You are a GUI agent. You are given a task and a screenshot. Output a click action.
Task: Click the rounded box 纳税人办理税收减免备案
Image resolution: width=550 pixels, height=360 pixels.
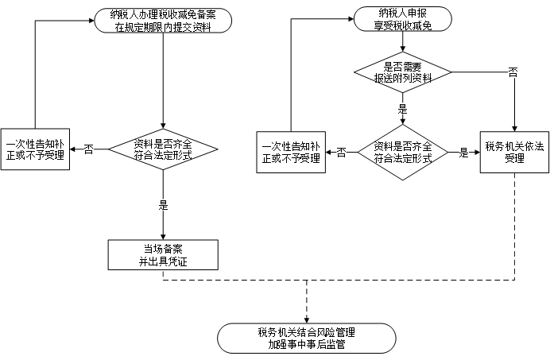[163, 21]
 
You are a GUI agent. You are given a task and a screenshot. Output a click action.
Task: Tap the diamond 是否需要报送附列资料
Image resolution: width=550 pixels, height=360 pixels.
[402, 72]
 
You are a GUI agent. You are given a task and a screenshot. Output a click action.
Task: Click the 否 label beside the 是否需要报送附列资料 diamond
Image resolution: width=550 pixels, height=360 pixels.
[513, 72]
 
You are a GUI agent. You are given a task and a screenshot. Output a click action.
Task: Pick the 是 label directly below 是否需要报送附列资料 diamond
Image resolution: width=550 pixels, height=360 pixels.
[402, 109]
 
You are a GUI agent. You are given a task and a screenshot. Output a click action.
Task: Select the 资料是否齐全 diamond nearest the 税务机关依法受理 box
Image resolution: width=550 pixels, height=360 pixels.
[402, 152]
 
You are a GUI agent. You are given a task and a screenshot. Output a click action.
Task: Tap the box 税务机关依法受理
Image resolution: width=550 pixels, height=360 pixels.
[514, 152]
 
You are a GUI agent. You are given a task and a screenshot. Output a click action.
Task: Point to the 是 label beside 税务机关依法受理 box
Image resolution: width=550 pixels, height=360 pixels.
[464, 153]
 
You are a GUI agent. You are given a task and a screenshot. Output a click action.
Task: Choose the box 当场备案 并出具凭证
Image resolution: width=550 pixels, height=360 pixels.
[162, 254]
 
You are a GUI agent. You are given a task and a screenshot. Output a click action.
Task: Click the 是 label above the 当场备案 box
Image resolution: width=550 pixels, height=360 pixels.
[164, 205]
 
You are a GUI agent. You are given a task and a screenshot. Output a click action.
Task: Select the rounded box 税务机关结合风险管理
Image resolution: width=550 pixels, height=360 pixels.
[306, 338]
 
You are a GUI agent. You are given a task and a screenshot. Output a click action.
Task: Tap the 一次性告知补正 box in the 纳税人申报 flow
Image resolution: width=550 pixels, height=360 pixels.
[291, 152]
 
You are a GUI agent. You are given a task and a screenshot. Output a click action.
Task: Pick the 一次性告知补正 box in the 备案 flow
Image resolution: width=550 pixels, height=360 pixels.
[35, 150]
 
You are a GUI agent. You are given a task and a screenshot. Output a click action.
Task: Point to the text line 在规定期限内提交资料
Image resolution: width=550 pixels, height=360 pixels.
[163, 26]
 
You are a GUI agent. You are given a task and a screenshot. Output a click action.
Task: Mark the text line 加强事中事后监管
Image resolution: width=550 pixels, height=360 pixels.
[306, 345]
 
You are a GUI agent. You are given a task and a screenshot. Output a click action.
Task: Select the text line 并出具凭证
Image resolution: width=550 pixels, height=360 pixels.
[162, 261]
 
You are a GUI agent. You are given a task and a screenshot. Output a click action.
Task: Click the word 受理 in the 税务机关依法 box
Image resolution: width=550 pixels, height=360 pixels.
[514, 159]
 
